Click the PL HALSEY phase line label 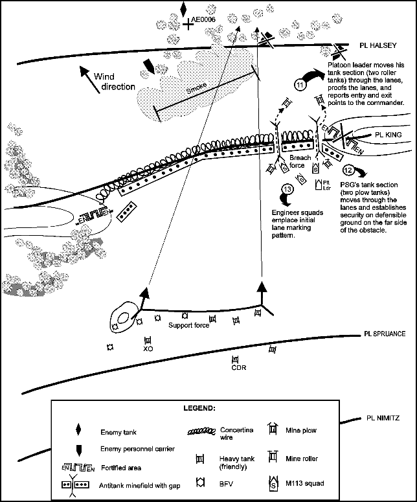pyautogui.click(x=378, y=46)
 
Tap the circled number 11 pyautogui.click(x=300, y=84)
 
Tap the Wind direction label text pyautogui.click(x=114, y=81)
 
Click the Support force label pyautogui.click(x=188, y=325)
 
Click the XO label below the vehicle pyautogui.click(x=147, y=348)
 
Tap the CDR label pyautogui.click(x=236, y=369)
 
